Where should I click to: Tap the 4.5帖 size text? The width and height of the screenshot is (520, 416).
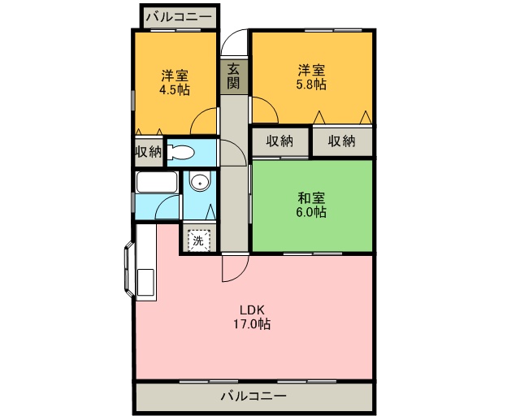click(175, 90)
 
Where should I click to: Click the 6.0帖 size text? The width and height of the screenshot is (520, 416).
click(312, 212)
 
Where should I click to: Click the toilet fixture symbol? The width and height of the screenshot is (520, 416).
click(180, 151)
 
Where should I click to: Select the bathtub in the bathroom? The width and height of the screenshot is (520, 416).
click(157, 183)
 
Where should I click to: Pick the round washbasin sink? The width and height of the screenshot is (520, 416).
click(199, 183)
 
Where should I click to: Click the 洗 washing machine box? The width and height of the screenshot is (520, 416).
click(198, 240)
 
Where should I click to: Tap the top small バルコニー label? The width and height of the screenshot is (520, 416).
click(179, 16)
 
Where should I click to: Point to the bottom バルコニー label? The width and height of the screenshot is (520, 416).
click(253, 397)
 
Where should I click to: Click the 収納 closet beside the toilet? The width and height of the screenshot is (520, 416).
click(148, 151)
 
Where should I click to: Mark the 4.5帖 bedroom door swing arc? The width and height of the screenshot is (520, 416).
click(203, 123)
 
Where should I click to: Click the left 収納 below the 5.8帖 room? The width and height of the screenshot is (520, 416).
click(279, 141)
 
